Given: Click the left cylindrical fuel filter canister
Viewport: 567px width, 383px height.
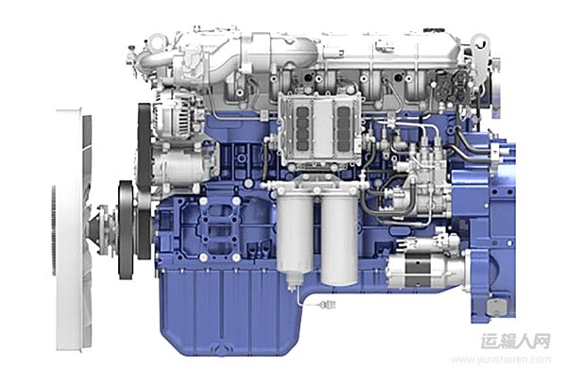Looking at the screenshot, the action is [x=294, y=235].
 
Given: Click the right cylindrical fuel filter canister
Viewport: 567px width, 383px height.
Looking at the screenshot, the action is [x=339, y=239].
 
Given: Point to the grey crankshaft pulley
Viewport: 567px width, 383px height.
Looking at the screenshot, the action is [x=126, y=229].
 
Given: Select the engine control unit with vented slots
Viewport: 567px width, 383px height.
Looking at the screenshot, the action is [x=320, y=128].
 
